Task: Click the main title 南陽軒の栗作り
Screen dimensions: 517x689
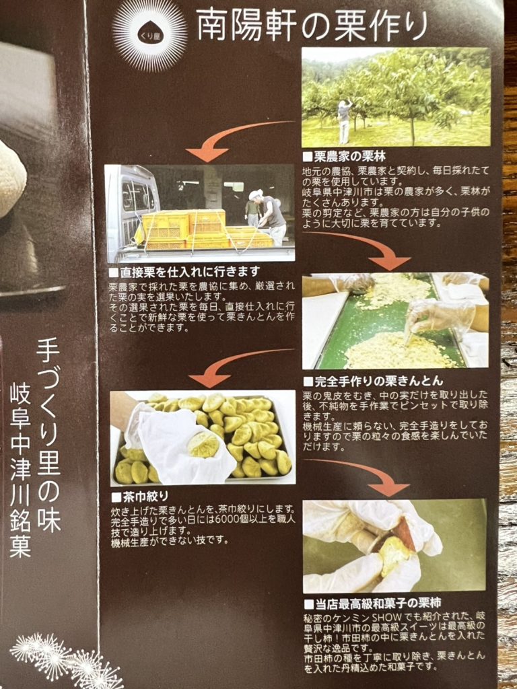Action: point(312,26)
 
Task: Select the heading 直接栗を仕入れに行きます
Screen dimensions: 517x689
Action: point(184,273)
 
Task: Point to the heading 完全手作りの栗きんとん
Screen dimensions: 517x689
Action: point(373,381)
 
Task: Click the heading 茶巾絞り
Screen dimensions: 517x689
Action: point(140,497)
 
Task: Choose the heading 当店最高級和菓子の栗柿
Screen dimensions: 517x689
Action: point(372,603)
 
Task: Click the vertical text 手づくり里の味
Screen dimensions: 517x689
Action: point(48,435)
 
